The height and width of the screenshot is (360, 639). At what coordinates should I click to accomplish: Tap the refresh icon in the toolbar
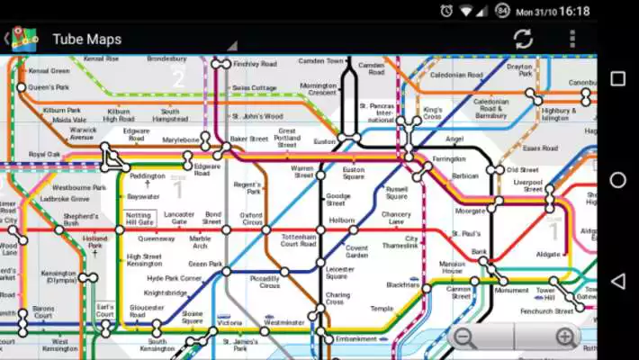[523, 39]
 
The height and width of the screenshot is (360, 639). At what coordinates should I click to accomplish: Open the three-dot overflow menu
[572, 39]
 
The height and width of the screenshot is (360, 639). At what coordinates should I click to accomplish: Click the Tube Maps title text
[86, 39]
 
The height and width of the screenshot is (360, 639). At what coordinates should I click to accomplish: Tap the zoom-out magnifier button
[464, 338]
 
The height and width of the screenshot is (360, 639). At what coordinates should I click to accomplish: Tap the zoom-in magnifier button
[565, 338]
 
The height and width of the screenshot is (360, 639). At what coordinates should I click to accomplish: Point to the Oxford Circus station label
[251, 220]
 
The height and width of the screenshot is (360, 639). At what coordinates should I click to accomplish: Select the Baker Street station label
[248, 139]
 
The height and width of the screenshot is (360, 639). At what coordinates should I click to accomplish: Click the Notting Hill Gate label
[139, 219]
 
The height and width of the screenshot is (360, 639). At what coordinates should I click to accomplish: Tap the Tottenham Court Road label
[298, 240]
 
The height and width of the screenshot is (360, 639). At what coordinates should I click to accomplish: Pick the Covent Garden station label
[357, 251]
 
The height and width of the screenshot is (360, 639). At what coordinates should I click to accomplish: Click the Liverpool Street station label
[528, 185]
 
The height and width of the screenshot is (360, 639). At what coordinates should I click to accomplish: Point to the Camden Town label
[321, 61]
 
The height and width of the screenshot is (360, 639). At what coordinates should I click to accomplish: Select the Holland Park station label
[94, 243]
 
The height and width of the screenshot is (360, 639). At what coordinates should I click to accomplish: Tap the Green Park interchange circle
[227, 270]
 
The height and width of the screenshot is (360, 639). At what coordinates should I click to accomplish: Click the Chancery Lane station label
[396, 218]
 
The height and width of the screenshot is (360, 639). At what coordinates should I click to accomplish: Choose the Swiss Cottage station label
[254, 88]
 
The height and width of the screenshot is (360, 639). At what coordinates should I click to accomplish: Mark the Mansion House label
[451, 267]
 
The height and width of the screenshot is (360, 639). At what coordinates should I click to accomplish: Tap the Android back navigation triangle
[617, 281]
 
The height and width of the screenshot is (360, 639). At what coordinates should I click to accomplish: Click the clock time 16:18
[574, 11]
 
